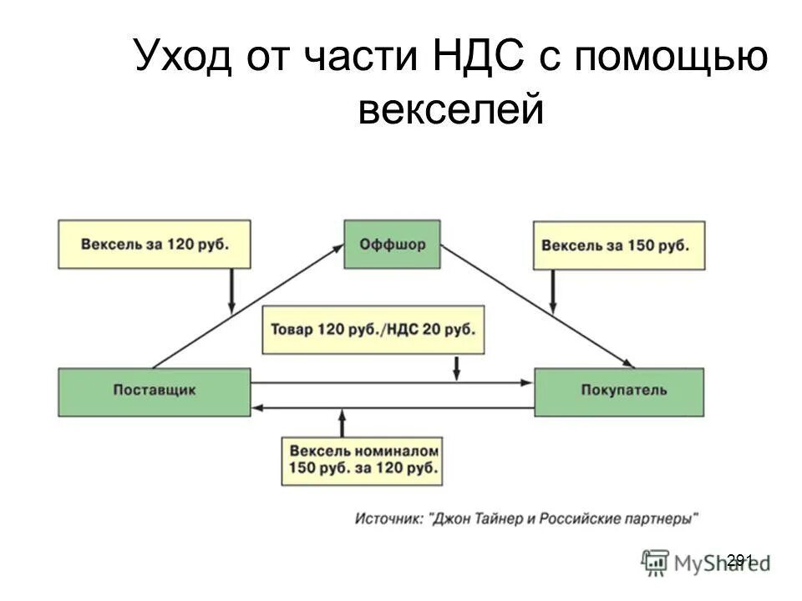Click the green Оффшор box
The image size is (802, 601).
[x=392, y=244]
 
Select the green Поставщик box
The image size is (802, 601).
[x=154, y=391]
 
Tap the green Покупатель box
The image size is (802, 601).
[x=618, y=391]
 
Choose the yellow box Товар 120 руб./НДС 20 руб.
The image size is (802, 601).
[x=373, y=329]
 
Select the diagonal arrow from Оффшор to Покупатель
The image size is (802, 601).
[x=535, y=305]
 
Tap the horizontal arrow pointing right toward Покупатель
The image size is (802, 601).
[x=393, y=383]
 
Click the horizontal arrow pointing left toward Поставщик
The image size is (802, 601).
[x=393, y=407]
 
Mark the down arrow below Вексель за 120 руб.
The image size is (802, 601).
[x=231, y=290]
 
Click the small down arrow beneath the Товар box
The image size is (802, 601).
[x=457, y=367]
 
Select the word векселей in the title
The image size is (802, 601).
[x=451, y=109]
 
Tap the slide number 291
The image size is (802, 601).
[x=740, y=559]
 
